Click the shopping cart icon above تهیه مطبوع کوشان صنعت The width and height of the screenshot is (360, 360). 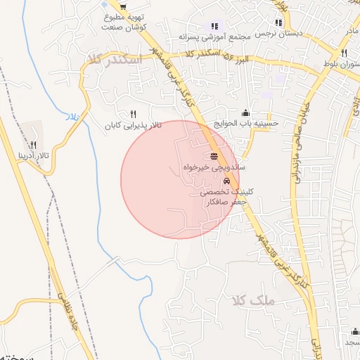coord(123,8)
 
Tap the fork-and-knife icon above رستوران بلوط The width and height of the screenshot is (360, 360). coord(344,53)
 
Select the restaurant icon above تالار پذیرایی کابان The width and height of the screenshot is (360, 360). coord(134,115)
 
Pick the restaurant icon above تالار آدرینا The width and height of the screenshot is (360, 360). coord(32,145)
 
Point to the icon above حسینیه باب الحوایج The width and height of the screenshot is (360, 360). coord(245,112)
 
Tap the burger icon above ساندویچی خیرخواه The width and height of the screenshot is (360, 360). coord(214,156)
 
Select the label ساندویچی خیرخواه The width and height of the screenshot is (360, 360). coord(208,168)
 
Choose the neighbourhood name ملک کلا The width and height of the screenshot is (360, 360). coord(245,300)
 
